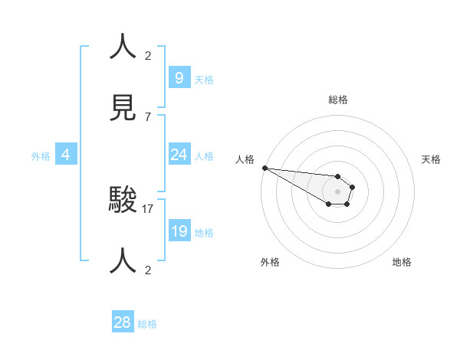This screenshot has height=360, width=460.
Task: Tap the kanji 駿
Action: click(x=124, y=200)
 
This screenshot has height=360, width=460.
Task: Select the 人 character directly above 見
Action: click(x=124, y=47)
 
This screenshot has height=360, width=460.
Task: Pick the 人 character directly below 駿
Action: click(x=124, y=260)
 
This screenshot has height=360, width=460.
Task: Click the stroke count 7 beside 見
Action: click(x=148, y=116)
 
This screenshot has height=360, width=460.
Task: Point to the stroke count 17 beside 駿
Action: click(x=148, y=208)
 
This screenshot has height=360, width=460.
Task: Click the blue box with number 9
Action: click(x=179, y=77)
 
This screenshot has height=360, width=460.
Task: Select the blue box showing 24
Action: click(x=179, y=155)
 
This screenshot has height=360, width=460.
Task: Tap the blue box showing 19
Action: click(x=179, y=231)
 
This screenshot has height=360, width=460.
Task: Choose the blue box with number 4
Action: click(x=66, y=155)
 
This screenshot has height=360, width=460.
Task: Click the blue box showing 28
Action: click(x=122, y=322)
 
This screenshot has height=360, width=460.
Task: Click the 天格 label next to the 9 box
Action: click(x=204, y=80)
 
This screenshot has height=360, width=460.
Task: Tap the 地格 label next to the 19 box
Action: click(x=204, y=233)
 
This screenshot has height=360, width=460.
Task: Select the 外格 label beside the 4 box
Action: click(x=41, y=156)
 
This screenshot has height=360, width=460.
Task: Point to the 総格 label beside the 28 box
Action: click(x=147, y=324)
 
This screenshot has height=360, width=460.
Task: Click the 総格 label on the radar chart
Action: click(x=338, y=100)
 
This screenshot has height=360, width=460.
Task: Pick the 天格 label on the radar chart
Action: click(x=432, y=159)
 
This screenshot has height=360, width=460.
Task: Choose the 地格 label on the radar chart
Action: click(x=402, y=262)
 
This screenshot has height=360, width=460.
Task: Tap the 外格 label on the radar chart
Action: click(x=270, y=262)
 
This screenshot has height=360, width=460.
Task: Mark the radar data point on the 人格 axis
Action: click(x=264, y=167)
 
